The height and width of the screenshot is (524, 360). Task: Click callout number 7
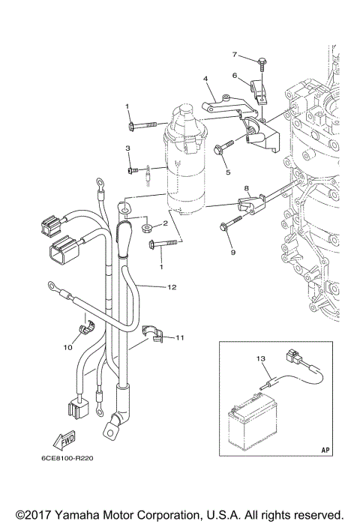click(x=234, y=55)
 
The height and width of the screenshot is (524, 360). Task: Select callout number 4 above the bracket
click(x=205, y=78)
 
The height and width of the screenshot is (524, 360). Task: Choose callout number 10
click(x=66, y=348)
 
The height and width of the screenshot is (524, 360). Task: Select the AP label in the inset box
click(x=325, y=451)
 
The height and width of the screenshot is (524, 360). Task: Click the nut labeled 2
click(x=145, y=225)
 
